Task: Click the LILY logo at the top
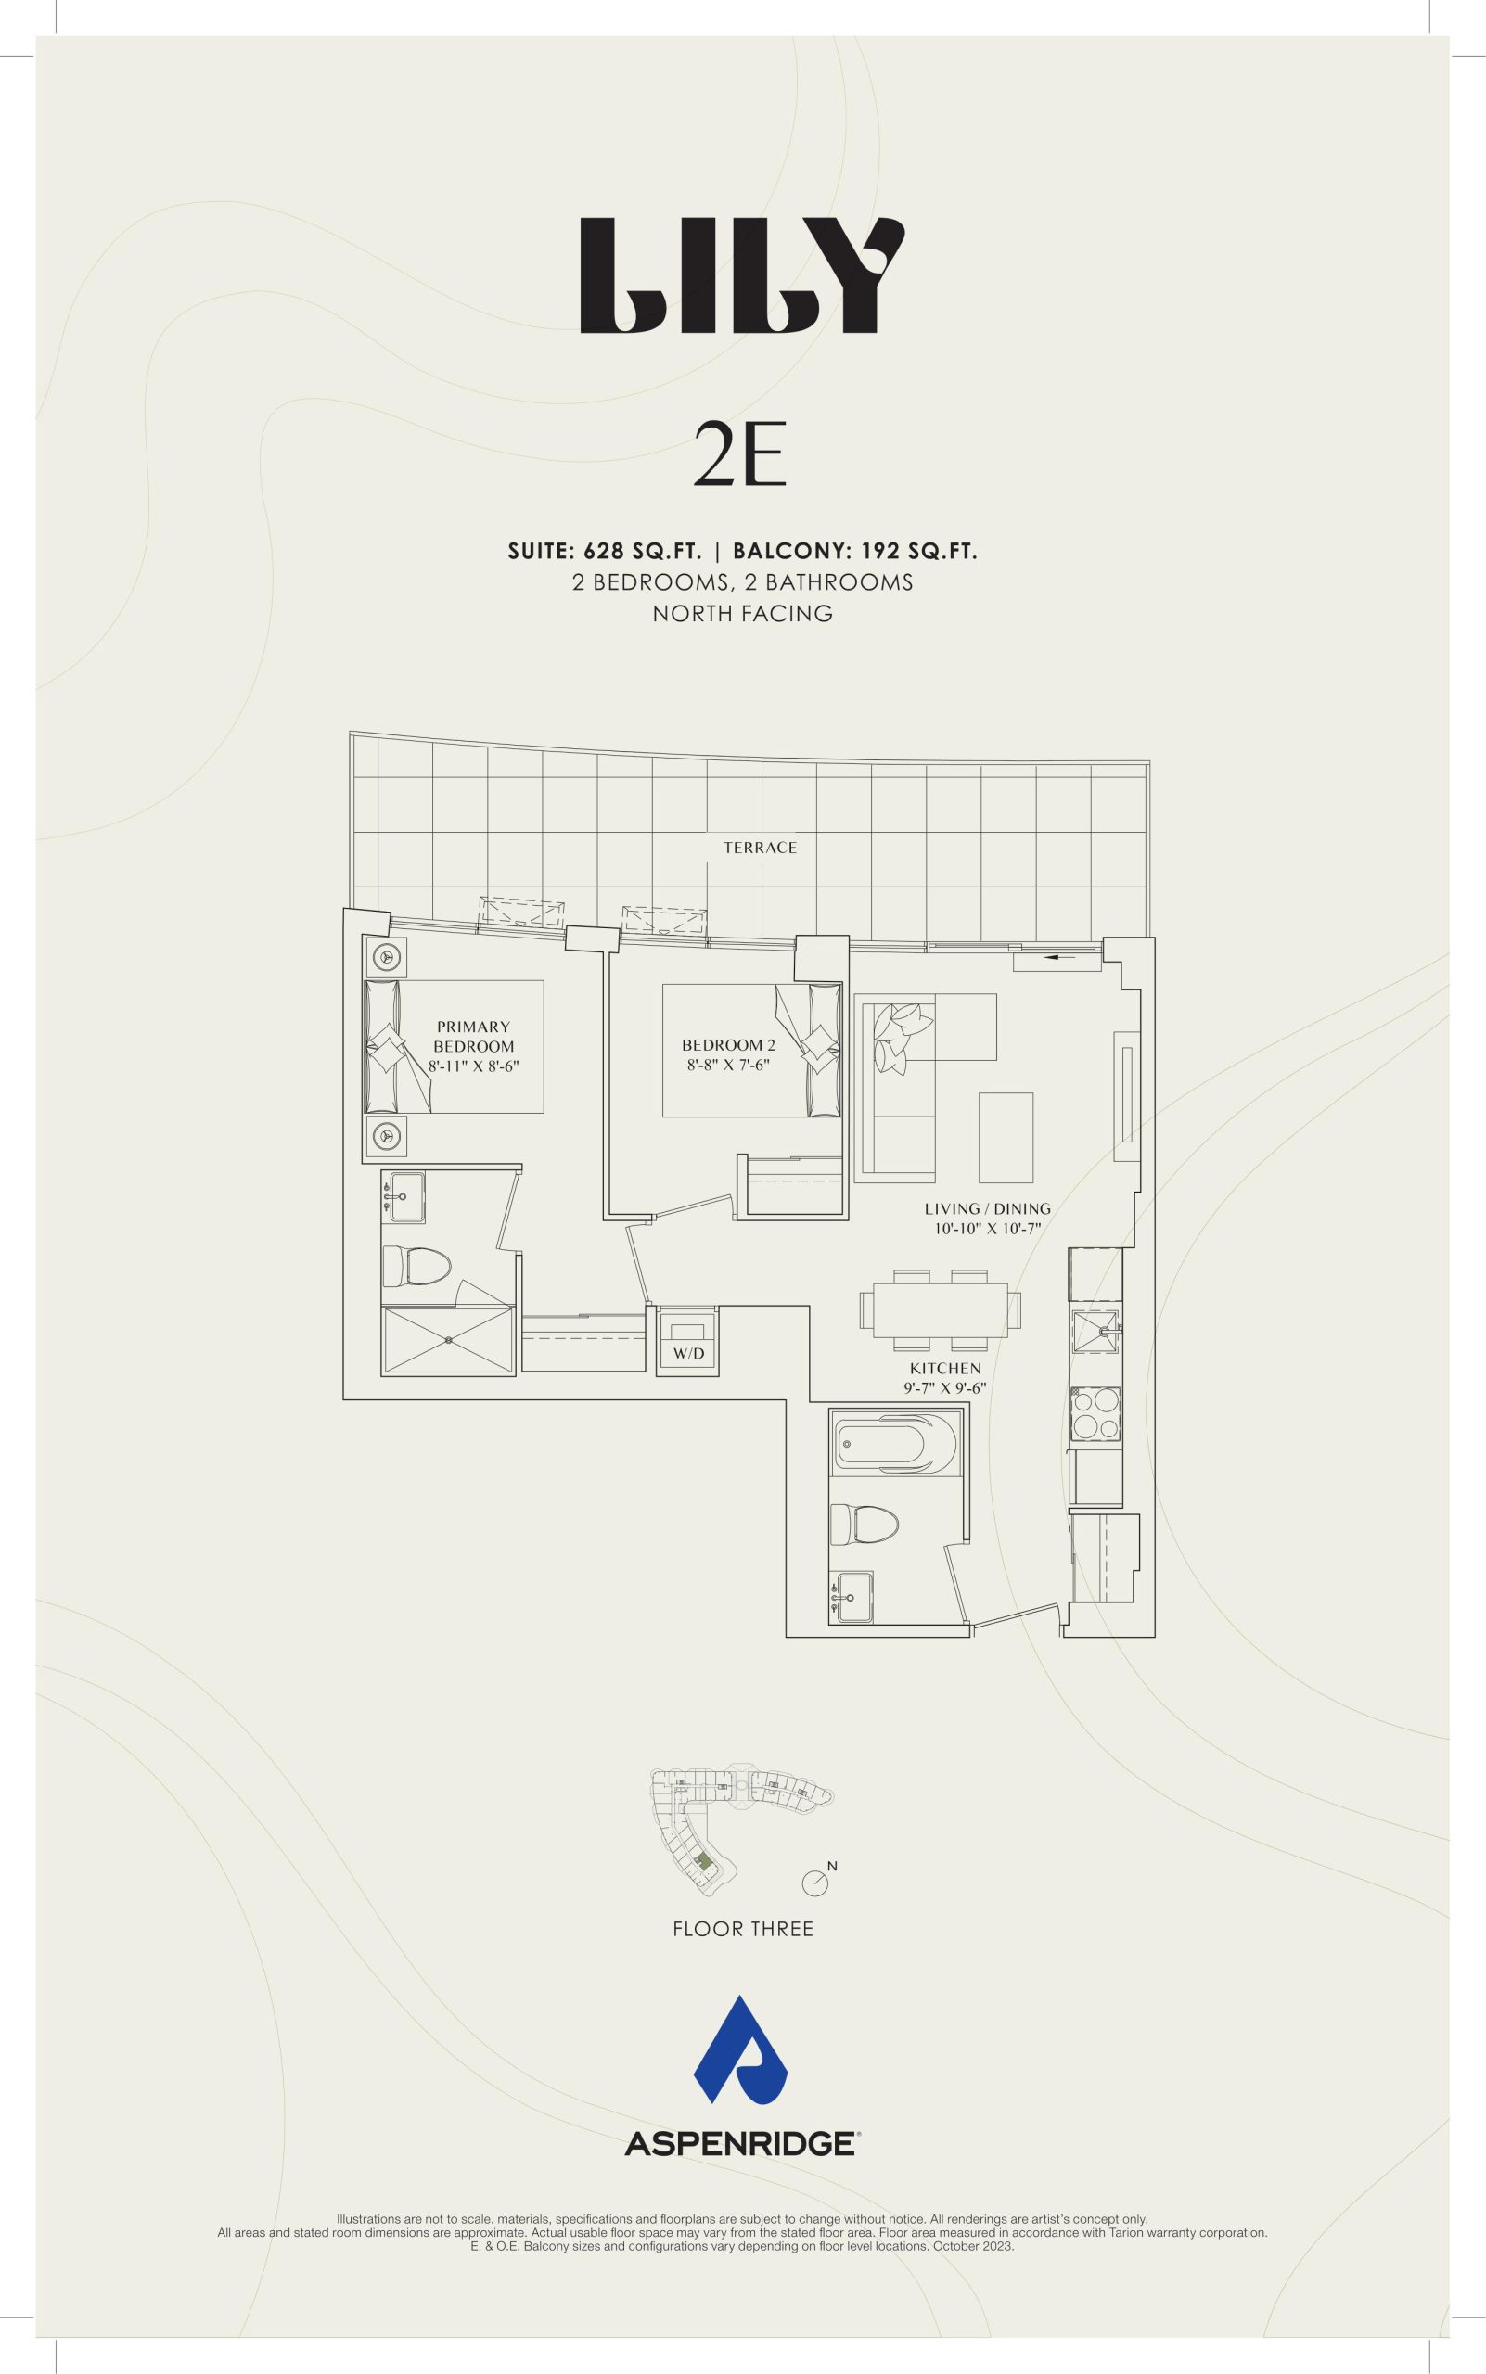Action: click(742, 276)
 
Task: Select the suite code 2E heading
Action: click(741, 455)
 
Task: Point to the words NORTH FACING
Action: click(743, 614)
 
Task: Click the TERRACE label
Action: click(760, 847)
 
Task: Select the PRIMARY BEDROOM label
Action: click(474, 1037)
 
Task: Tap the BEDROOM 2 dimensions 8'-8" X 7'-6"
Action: click(728, 1063)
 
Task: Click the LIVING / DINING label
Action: click(987, 1208)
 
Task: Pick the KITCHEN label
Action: click(944, 1368)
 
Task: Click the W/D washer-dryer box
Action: click(688, 1340)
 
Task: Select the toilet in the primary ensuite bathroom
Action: click(416, 1267)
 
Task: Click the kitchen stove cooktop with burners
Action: click(1095, 1415)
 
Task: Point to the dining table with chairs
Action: click(941, 1308)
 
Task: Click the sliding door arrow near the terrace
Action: click(1059, 955)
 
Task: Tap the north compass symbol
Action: click(816, 1880)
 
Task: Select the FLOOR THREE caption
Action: click(743, 1929)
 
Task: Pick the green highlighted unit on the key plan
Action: click(703, 1861)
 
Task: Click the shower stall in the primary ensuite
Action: click(448, 1340)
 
